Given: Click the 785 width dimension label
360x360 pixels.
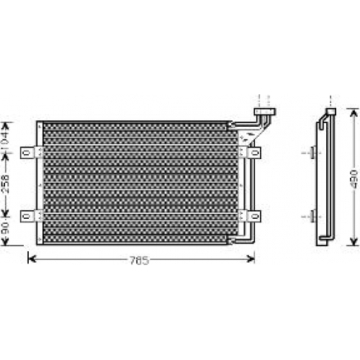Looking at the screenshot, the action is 140,260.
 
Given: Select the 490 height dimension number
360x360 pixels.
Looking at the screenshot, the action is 354,179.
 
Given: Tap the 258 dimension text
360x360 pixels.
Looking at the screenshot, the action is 5,184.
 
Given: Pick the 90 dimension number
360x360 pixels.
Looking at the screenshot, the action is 5,228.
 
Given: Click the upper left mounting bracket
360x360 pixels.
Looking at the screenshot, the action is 32,153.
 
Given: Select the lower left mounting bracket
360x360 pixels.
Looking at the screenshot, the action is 32,216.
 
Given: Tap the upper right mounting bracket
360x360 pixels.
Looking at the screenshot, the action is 250,152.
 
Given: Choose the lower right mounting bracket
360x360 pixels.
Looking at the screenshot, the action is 250,216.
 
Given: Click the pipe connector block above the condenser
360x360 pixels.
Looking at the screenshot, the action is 265,112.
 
